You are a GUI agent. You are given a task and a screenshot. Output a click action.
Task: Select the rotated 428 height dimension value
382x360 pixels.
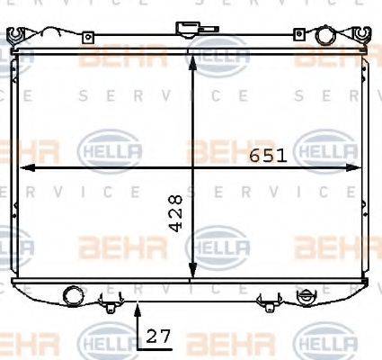pyautogui.click(x=176, y=211)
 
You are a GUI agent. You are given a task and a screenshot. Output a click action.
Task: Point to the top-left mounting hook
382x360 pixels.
pyautogui.click(x=14, y=35)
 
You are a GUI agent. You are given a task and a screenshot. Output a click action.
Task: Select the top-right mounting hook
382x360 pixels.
pyautogui.click(x=361, y=35)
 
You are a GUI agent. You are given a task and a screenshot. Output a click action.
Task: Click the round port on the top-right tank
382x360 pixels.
pyautogui.click(x=325, y=35)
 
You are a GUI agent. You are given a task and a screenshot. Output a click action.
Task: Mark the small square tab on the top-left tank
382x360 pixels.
pyautogui.click(x=87, y=38)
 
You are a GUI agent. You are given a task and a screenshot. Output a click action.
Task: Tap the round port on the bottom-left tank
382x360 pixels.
pyautogui.click(x=72, y=293)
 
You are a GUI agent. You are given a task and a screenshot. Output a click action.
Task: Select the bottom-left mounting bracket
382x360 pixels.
pyautogui.click(x=110, y=303)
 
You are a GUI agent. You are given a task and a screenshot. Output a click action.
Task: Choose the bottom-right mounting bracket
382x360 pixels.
pyautogui.click(x=267, y=303)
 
